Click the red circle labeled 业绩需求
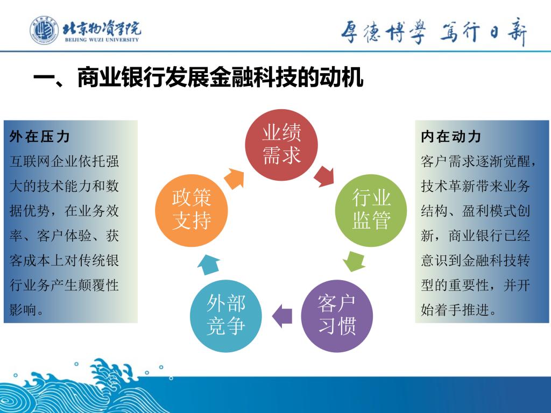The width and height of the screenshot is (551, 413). (x=281, y=145)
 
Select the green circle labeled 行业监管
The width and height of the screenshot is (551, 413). (x=371, y=210)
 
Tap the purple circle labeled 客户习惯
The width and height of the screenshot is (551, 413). (x=337, y=316)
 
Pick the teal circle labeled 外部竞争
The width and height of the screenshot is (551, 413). (x=225, y=316)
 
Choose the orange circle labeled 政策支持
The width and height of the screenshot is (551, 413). (x=192, y=210)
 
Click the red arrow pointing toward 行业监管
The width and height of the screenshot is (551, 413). (x=324, y=176)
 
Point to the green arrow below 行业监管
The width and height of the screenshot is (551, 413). (x=354, y=261)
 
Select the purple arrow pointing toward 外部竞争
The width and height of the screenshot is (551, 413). (x=282, y=316)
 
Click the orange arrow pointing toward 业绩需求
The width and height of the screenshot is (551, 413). (x=234, y=179)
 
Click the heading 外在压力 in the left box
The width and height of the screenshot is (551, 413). (x=39, y=137)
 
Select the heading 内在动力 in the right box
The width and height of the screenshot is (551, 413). (x=451, y=137)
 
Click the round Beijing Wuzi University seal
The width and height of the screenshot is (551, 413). (x=44, y=30)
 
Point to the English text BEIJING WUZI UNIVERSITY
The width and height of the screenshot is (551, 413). (x=102, y=40)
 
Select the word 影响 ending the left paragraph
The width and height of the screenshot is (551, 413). (x=23, y=310)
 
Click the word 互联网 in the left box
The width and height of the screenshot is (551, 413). (x=30, y=161)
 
